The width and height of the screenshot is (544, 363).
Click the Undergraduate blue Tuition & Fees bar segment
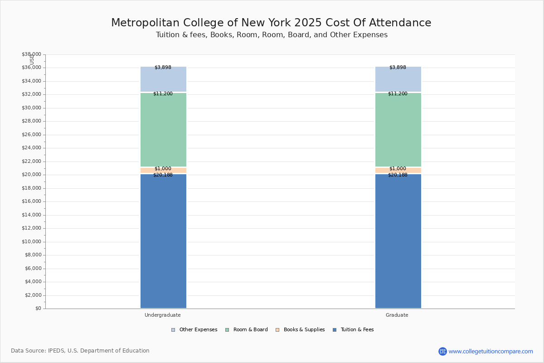coord(163,240)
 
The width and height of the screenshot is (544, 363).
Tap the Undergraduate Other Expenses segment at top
coord(163,79)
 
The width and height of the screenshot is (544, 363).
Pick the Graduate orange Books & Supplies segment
coord(398,171)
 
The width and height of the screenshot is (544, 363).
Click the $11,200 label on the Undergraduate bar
coord(163,94)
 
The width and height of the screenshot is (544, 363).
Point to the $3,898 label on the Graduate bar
coord(398,68)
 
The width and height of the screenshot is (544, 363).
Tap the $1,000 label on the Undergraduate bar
coord(163,169)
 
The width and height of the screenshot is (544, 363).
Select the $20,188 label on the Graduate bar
coord(398,175)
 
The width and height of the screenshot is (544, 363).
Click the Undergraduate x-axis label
coord(163,315)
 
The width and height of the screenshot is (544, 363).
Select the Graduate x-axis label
coord(397,315)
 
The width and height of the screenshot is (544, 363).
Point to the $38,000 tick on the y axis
coord(31,54)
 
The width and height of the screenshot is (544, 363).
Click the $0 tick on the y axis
coord(38,309)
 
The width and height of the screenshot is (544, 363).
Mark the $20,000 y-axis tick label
coord(31,175)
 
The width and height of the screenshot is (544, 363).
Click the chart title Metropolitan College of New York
coord(271,23)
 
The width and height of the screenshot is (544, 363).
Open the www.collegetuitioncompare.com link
coord(491,351)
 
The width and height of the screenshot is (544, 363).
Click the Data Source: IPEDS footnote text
coord(80,351)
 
